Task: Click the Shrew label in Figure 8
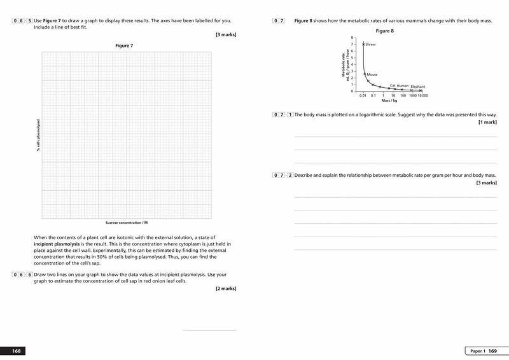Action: pyautogui.click(x=371, y=45)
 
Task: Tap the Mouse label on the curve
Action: pyautogui.click(x=372, y=74)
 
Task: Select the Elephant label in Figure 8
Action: pyautogui.click(x=418, y=87)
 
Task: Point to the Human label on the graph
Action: pyautogui.click(x=403, y=85)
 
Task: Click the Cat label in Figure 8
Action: pyautogui.click(x=393, y=85)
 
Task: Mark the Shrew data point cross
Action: pyautogui.click(x=363, y=44)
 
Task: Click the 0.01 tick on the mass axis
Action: pyautogui.click(x=363, y=95)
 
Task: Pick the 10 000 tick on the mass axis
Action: pyautogui.click(x=422, y=95)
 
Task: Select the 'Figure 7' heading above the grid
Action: pyautogui.click(x=124, y=46)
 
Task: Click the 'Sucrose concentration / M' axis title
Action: pyautogui.click(x=126, y=223)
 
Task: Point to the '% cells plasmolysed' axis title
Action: pyautogui.click(x=38, y=135)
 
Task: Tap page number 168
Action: pyautogui.click(x=17, y=351)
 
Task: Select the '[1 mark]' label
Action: pyautogui.click(x=487, y=121)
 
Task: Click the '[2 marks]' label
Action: pyautogui.click(x=226, y=288)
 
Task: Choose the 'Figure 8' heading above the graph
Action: pyautogui.click(x=386, y=31)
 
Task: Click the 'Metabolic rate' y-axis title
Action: pyautogui.click(x=344, y=66)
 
